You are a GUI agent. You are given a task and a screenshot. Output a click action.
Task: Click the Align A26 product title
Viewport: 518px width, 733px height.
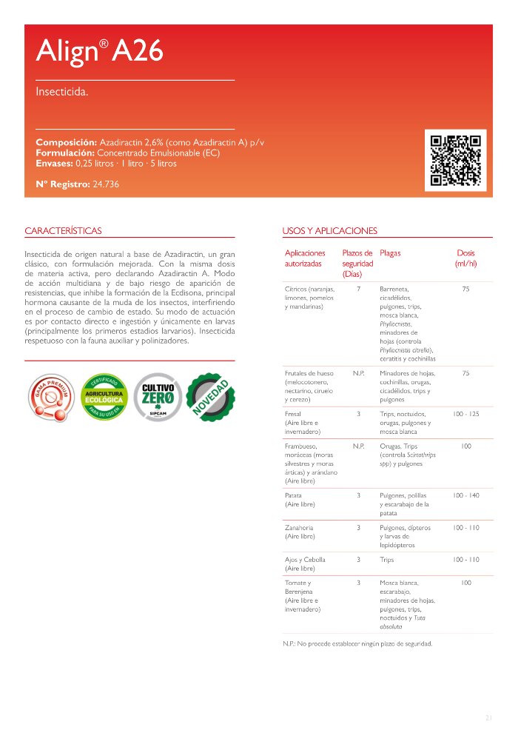99,51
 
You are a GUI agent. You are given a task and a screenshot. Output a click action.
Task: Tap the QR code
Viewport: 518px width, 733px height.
456,160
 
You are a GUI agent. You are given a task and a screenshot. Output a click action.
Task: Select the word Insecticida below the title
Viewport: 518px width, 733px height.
62,93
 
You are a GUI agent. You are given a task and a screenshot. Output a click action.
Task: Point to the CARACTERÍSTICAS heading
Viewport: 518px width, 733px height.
63,231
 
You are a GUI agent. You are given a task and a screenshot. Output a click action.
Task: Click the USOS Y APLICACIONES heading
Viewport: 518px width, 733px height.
330,231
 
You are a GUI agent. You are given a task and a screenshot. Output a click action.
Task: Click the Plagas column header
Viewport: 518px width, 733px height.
390,253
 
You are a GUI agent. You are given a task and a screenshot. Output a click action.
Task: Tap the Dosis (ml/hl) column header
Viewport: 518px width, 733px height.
465,258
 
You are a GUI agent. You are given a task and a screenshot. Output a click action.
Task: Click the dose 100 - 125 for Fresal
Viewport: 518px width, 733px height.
465,413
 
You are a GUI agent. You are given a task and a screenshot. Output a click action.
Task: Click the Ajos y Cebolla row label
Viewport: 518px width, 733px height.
305,563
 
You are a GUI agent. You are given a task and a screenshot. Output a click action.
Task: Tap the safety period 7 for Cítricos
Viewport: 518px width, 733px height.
358,289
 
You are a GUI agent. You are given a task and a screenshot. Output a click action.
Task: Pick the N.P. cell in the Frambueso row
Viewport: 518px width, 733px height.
358,446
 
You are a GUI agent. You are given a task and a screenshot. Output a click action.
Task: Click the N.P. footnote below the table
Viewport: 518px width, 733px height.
357,643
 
